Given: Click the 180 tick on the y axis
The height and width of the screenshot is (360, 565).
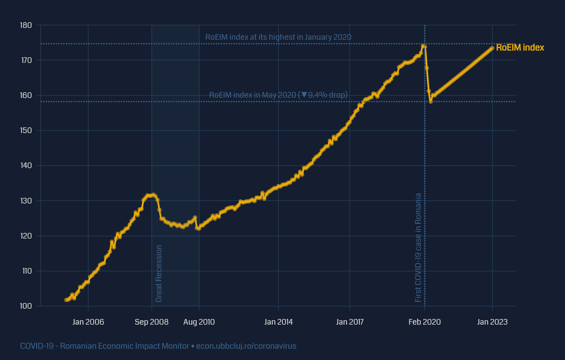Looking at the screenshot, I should tap(26, 25).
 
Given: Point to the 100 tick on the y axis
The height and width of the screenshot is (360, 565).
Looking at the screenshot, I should tap(26, 306).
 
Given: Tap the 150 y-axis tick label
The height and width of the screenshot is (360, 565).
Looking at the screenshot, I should tap(26, 131).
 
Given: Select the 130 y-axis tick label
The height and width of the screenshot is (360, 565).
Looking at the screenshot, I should tap(26, 201).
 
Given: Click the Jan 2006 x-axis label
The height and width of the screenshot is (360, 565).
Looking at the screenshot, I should tap(88, 322).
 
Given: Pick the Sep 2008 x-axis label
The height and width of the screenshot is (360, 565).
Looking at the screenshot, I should tap(152, 322).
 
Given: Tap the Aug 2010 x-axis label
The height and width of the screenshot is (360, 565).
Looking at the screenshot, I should tap(199, 322).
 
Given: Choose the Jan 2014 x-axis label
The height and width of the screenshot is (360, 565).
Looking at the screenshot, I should tap(278, 322).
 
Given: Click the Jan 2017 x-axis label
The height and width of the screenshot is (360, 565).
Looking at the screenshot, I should tap(350, 322).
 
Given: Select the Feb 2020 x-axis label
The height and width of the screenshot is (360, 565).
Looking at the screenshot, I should tap(425, 322).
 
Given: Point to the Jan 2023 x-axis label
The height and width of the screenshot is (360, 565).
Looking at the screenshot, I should tap(492, 322).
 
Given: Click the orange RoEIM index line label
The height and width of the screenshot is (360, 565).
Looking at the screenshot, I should tap(520, 48).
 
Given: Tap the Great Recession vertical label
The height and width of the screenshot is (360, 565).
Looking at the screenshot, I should tap(159, 273).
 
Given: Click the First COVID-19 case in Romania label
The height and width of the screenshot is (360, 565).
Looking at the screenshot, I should tap(418, 247).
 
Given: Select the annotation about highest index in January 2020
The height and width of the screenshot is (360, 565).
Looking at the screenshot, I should tap(278, 37).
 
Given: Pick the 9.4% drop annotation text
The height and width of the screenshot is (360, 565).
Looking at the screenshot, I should tap(278, 95).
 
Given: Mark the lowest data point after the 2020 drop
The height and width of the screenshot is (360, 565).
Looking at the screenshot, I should tap(431, 102).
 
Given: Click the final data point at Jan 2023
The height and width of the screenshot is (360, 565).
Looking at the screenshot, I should tap(492, 48).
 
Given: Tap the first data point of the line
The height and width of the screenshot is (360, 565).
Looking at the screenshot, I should tap(66, 300).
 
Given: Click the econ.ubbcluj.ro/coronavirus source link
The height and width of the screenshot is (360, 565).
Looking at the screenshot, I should tap(246, 346).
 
